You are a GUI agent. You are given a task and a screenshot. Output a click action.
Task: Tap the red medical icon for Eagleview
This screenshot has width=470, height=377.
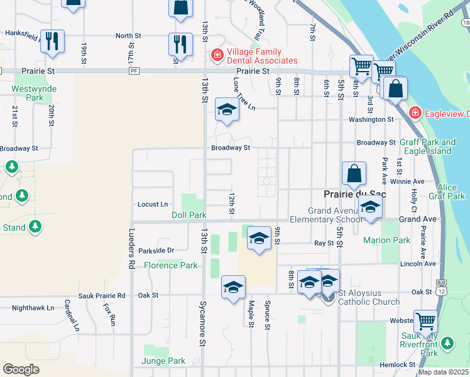pyautogui.click(x=415, y=113)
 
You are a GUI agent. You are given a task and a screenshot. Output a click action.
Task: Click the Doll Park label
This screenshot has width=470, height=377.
pyautogui.click(x=189, y=215)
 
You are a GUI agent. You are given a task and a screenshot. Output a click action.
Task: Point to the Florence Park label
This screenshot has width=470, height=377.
pyautogui.click(x=171, y=265)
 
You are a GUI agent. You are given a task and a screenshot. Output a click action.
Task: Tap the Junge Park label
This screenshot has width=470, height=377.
pyautogui.click(x=163, y=361)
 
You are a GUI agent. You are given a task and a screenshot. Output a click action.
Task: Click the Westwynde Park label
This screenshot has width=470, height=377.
pyautogui.click(x=27, y=93)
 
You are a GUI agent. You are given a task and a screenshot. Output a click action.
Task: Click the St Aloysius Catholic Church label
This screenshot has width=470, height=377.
pyautogui.click(x=369, y=297)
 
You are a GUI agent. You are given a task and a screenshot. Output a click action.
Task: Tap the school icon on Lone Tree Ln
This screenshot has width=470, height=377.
pyautogui.click(x=227, y=110)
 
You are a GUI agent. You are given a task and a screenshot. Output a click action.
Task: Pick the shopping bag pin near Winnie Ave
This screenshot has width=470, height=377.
pyautogui.click(x=354, y=173)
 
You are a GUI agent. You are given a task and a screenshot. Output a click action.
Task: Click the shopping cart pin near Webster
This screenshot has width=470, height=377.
pyautogui.click(x=426, y=321)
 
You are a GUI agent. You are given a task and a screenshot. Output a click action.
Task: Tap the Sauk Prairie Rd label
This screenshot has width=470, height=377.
pyautogui.click(x=102, y=295)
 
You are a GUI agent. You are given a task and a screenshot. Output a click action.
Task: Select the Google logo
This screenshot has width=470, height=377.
pyautogui.click(x=21, y=369)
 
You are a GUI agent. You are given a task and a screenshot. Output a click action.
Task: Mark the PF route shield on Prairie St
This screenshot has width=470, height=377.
pyautogui.click(x=133, y=72)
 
